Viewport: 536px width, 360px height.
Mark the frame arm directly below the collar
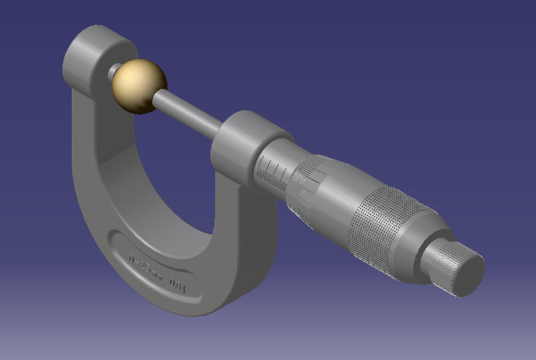245,245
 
